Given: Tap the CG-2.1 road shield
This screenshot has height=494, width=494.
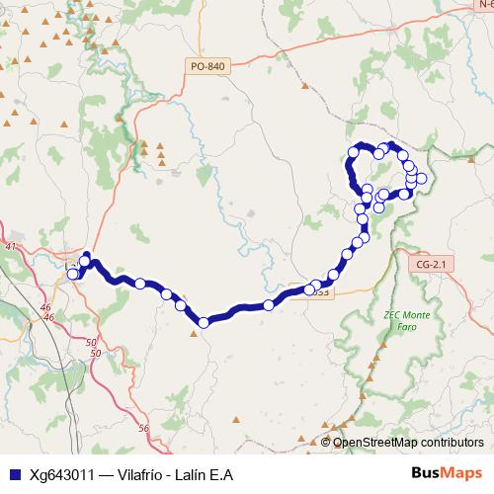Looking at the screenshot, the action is pyautogui.click(x=433, y=264).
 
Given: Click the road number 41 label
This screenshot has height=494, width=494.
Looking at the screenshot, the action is pyautogui.click(x=12, y=246).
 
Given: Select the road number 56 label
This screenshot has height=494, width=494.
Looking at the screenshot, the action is pyautogui.click(x=143, y=428).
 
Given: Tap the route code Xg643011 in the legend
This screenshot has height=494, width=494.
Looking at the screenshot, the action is pyautogui.click(x=57, y=474).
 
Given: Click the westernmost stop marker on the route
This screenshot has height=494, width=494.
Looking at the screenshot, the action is pyautogui.click(x=73, y=274).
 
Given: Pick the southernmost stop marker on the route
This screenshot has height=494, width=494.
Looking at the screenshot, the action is pyautogui.click(x=204, y=322).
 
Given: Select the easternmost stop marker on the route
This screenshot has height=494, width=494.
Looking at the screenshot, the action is pyautogui.click(x=422, y=179).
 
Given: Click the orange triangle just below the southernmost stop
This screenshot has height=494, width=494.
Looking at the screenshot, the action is pyautogui.click(x=193, y=333).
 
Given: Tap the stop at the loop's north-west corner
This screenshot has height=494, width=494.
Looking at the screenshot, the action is pyautogui.click(x=352, y=152).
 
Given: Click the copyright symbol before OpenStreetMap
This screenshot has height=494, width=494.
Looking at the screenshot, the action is pyautogui.click(x=327, y=442).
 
